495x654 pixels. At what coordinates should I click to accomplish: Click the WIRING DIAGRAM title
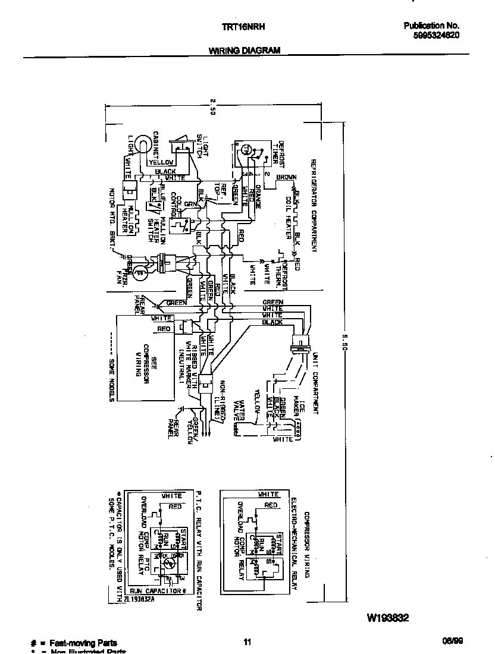pos(244,51)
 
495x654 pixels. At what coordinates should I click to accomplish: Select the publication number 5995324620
pos(431,35)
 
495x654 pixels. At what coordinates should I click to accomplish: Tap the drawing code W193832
pos(387,618)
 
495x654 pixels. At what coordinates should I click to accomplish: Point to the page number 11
pos(248,642)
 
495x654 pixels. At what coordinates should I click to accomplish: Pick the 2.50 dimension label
pos(212,108)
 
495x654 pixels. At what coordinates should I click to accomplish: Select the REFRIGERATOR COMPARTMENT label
pos(312,205)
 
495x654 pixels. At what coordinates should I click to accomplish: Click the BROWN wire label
pos(286,177)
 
